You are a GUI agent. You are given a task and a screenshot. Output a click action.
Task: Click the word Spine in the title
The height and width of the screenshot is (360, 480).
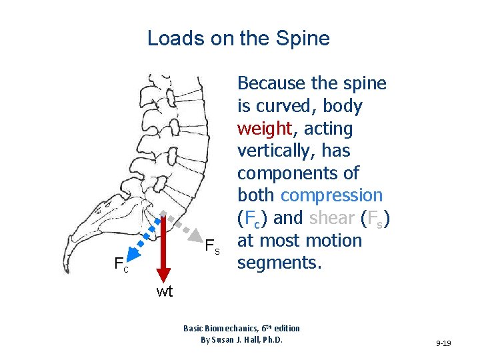pyautogui.click(x=303, y=38)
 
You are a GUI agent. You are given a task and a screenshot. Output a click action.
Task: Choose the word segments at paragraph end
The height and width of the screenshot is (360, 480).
pyautogui.click(x=280, y=263)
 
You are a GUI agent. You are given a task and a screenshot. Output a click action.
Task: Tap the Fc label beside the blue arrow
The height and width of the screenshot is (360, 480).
pyautogui.click(x=121, y=267)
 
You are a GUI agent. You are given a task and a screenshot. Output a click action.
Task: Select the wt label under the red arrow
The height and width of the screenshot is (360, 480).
pyautogui.click(x=164, y=291)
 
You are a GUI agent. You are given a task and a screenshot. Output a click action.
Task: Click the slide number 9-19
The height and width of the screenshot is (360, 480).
pyautogui.click(x=443, y=343)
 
